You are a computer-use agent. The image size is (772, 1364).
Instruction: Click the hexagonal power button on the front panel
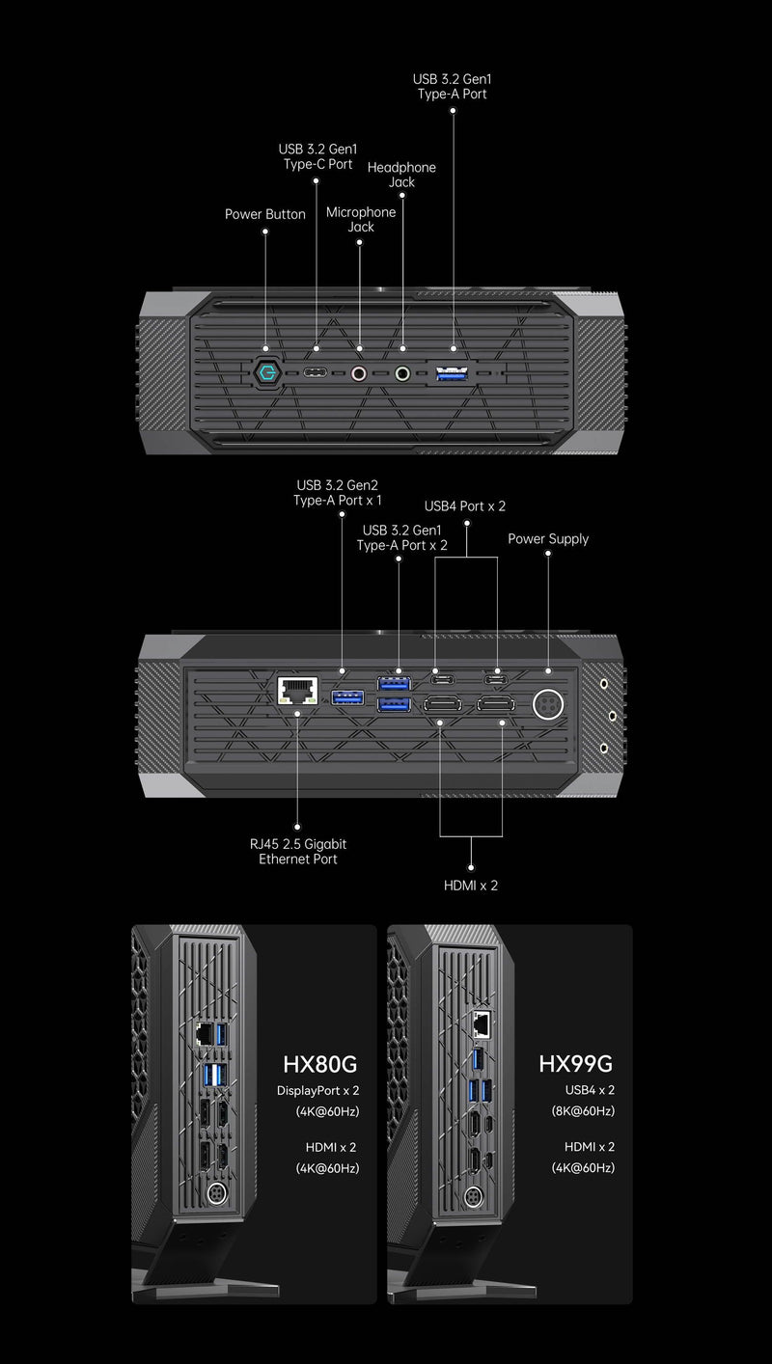[266, 372]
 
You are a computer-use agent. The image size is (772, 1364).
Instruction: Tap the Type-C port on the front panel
[317, 373]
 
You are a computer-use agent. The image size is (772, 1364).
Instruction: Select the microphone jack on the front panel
[360, 373]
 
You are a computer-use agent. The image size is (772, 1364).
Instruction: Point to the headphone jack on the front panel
[402, 373]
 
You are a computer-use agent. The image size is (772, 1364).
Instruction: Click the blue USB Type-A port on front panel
[454, 373]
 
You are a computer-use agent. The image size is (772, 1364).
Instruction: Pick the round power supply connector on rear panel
[548, 703]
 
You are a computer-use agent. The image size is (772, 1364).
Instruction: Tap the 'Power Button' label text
[264, 214]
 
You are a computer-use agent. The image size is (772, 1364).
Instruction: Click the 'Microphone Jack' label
[360, 219]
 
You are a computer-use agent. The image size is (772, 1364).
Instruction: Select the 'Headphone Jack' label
[401, 175]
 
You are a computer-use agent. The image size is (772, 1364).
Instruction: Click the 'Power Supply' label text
[548, 538]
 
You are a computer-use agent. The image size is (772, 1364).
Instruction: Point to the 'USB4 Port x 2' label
[465, 505]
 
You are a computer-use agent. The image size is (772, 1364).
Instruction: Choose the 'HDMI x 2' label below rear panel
[471, 885]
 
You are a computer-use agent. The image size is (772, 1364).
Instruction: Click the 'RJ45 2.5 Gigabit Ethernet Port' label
[297, 851]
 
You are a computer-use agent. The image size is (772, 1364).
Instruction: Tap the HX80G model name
[320, 1064]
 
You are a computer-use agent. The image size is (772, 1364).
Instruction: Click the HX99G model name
[575, 1064]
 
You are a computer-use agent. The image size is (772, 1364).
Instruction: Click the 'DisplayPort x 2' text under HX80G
[319, 1090]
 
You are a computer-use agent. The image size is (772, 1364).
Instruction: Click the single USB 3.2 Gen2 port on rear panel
[346, 696]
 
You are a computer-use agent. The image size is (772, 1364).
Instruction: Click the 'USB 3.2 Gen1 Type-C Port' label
[317, 156]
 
